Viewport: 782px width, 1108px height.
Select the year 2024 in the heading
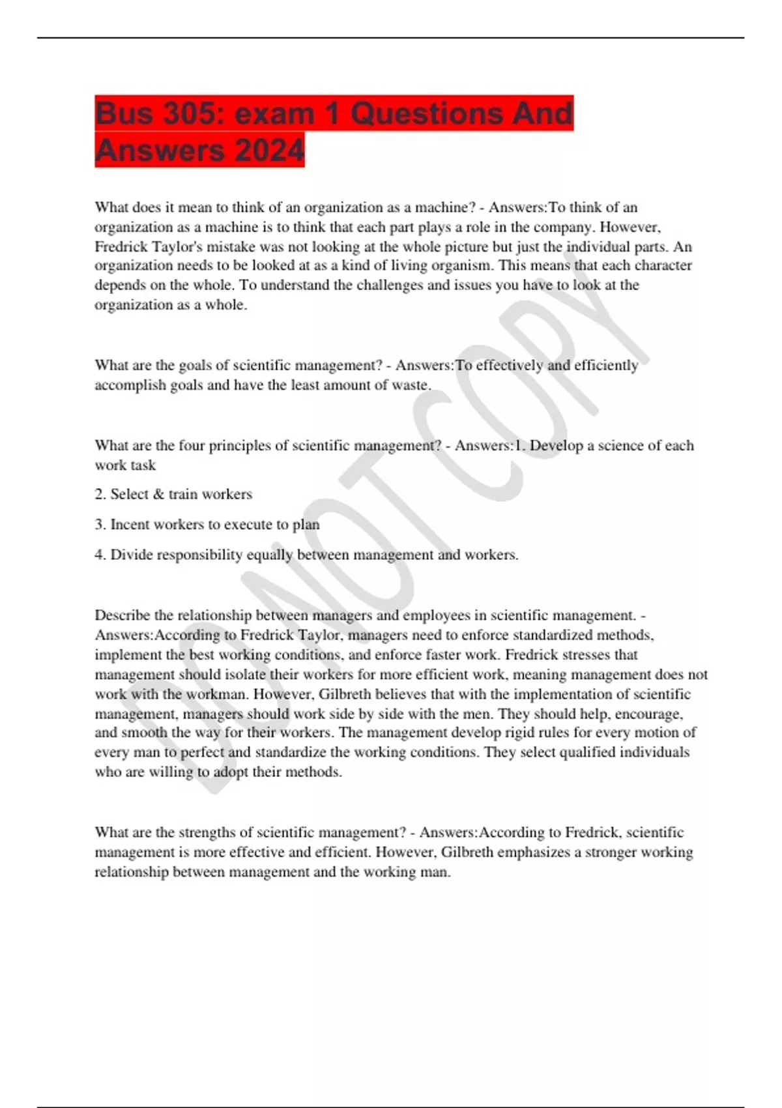click(x=269, y=151)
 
